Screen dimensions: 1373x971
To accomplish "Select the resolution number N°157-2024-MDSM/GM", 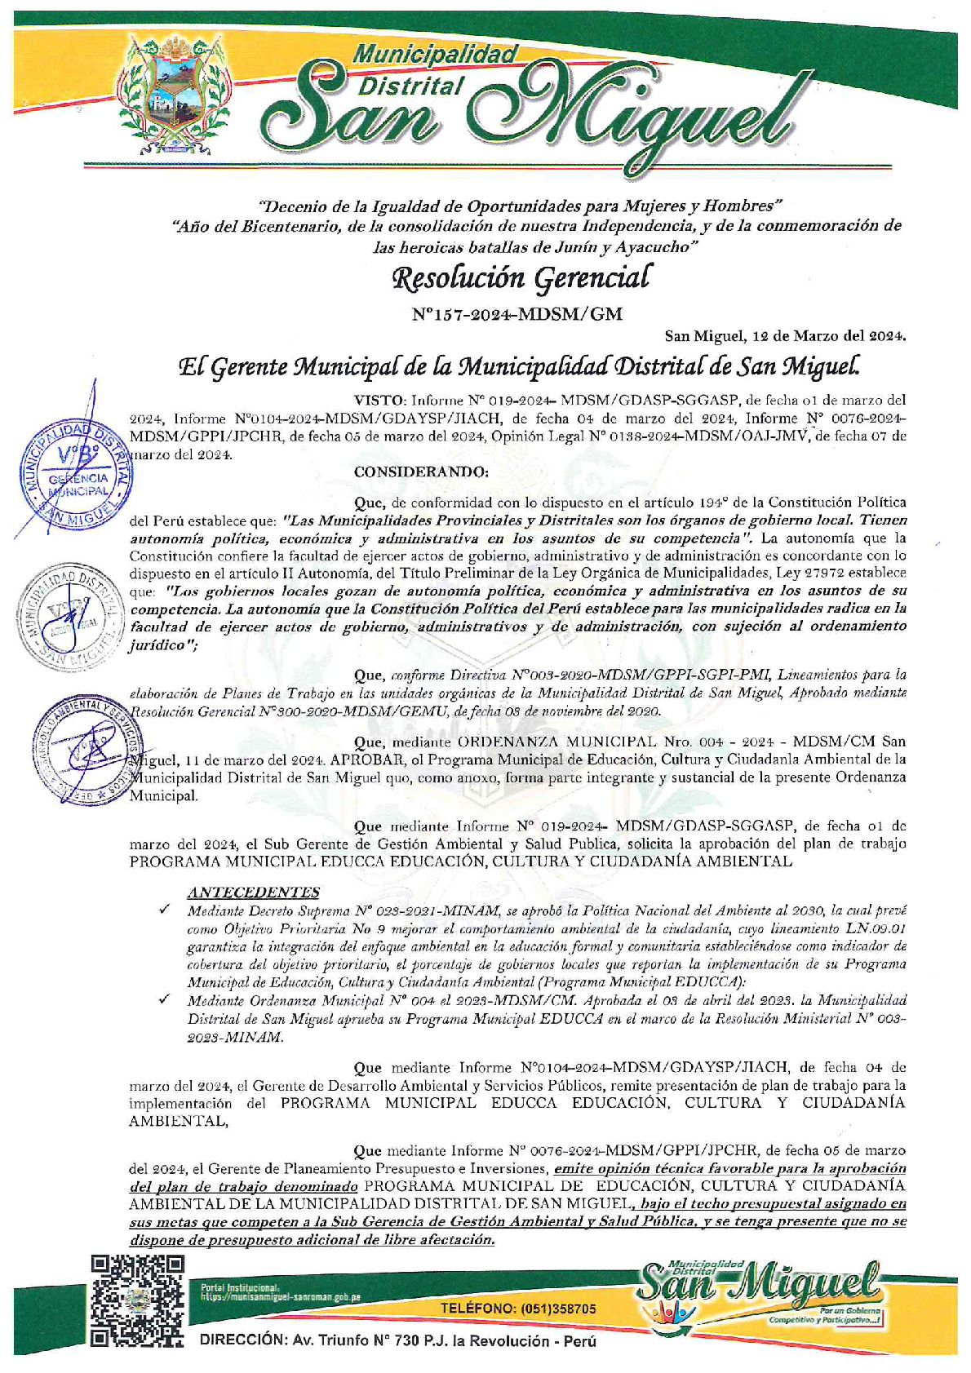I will (x=517, y=312).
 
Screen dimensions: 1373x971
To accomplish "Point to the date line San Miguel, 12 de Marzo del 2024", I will (x=784, y=335).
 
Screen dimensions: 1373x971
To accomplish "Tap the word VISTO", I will (x=379, y=401).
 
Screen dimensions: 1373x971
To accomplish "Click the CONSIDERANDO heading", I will (x=421, y=472).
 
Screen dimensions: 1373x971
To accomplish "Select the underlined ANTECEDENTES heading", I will (x=253, y=892).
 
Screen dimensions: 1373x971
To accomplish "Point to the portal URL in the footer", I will (x=281, y=1295).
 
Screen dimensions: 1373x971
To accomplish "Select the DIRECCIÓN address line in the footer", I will (x=397, y=1341).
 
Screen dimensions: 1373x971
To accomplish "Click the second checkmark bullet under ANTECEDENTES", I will (x=165, y=999).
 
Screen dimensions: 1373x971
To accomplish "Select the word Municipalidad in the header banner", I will (x=436, y=55).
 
